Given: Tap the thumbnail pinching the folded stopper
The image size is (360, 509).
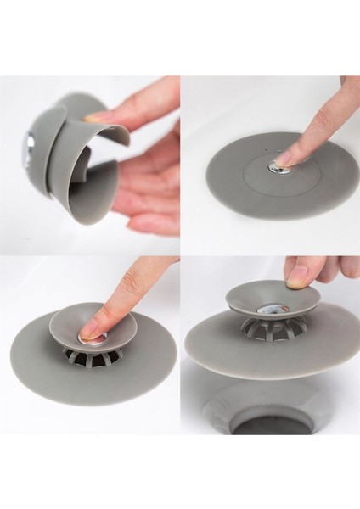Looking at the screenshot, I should (97, 117).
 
